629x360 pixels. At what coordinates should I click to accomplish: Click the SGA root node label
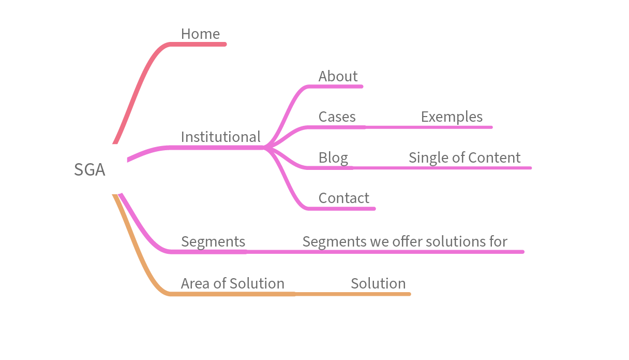89,170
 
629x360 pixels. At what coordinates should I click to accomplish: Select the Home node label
200,34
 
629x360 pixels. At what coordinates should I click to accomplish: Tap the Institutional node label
220,137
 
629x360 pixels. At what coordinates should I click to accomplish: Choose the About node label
338,77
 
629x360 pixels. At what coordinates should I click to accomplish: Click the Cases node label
337,117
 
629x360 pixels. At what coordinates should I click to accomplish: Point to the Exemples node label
452,117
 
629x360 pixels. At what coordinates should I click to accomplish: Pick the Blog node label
333,158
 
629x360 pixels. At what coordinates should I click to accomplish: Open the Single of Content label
464,158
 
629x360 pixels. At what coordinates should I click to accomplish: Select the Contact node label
343,198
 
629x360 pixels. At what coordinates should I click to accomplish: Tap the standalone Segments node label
213,242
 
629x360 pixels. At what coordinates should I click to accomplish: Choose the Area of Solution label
232,284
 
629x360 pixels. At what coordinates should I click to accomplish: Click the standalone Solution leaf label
378,284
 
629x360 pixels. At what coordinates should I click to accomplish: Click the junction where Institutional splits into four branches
267,148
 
